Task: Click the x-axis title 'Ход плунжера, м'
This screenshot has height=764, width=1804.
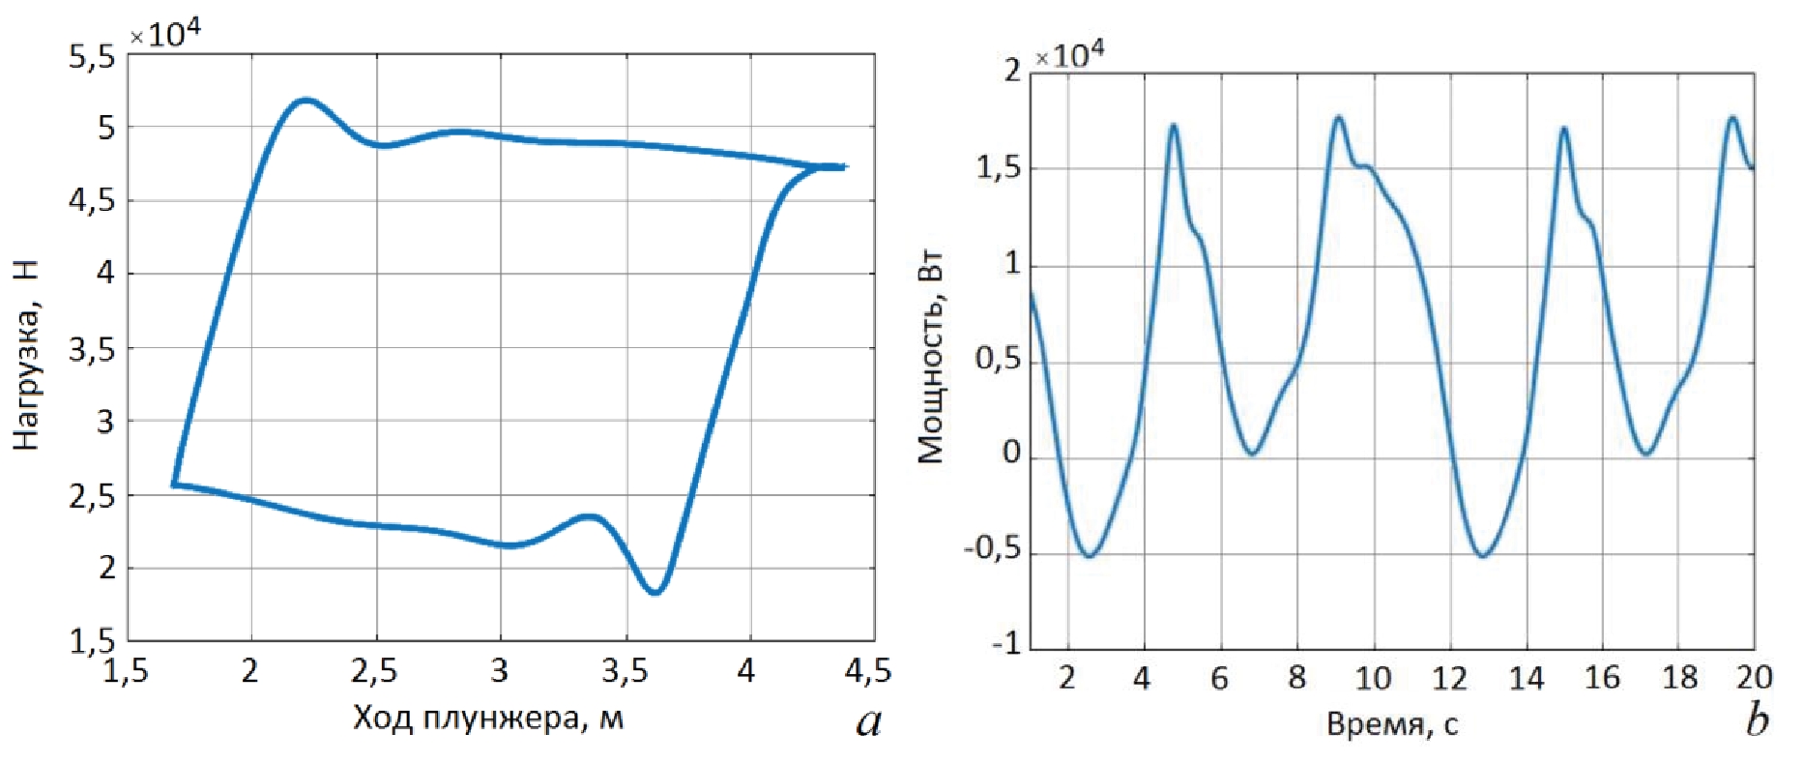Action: click(x=488, y=719)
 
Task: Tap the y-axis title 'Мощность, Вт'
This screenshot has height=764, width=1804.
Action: click(x=930, y=359)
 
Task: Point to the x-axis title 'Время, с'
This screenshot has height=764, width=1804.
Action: click(x=1391, y=724)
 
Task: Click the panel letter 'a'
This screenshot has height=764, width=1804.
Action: click(x=868, y=721)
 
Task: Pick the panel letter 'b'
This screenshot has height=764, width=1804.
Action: click(x=1758, y=720)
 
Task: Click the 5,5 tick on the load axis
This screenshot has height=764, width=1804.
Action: click(x=92, y=57)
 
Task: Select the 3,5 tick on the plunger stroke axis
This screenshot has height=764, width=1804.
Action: click(x=626, y=671)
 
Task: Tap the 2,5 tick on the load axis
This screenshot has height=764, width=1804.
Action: click(x=92, y=496)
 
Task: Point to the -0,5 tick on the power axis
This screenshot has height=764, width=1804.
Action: click(x=993, y=549)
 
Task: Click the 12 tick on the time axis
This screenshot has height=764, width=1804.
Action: click(x=1449, y=678)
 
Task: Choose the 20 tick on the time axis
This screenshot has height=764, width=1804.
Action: click(x=1753, y=678)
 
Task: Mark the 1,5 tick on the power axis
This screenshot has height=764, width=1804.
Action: click(x=998, y=167)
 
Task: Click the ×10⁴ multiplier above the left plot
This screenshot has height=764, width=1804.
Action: click(x=165, y=35)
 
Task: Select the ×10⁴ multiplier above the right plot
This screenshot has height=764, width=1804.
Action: click(x=1069, y=55)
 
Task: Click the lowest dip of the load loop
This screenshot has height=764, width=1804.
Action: click(x=655, y=592)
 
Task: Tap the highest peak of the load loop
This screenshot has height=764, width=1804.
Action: click(x=306, y=100)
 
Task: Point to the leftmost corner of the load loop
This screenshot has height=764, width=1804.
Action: click(x=174, y=484)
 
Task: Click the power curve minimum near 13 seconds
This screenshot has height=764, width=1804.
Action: click(x=1483, y=555)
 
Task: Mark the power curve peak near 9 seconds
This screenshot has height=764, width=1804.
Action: click(x=1339, y=118)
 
